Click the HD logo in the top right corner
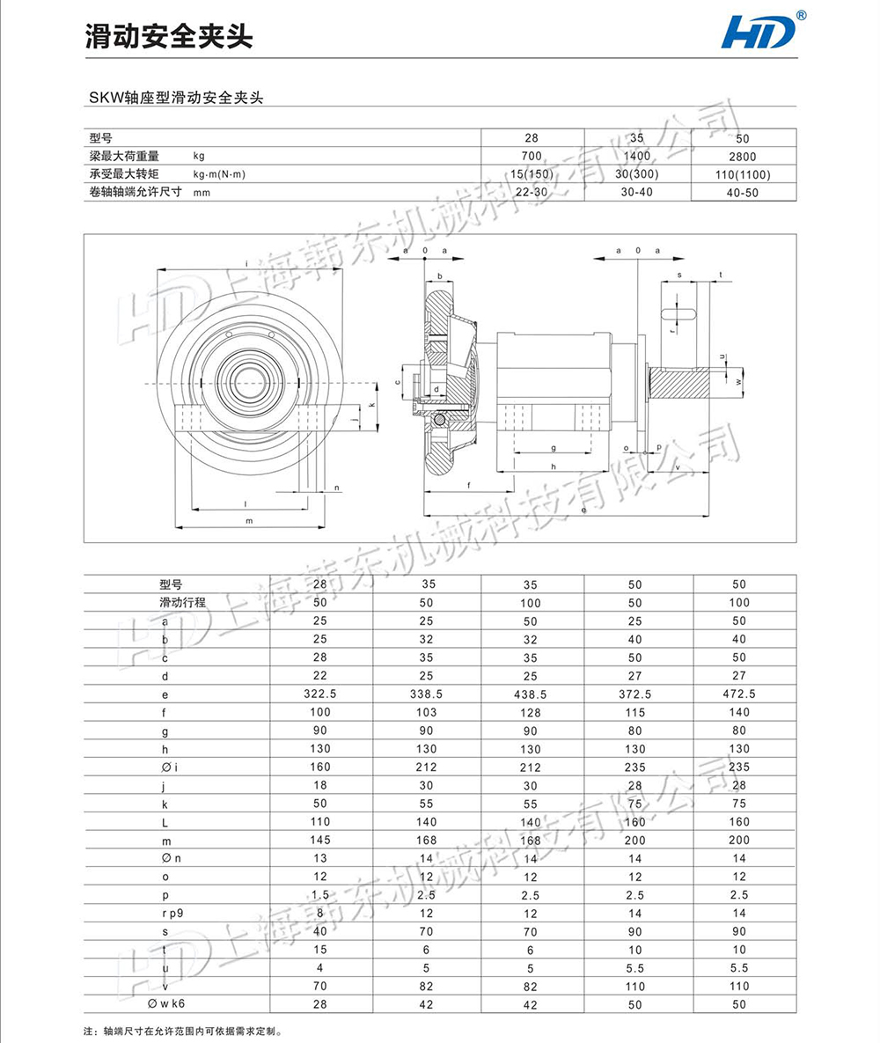[x=758, y=32]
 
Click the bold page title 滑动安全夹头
[x=168, y=35]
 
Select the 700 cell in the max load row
[x=530, y=156]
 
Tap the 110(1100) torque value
[x=744, y=174]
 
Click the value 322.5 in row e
[x=320, y=694]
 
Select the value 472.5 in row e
[x=738, y=694]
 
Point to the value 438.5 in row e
[x=530, y=694]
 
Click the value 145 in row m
[x=320, y=840]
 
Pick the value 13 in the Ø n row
[x=320, y=858]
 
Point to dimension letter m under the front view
[x=249, y=521]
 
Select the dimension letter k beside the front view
[x=372, y=405]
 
